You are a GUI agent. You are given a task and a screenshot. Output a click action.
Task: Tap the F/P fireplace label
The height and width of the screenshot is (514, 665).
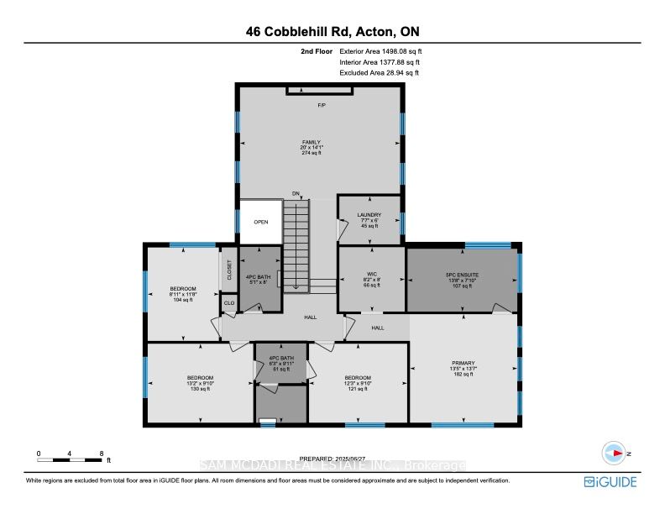[x=321, y=105]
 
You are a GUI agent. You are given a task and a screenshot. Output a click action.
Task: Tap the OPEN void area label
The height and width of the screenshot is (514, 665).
[x=260, y=223]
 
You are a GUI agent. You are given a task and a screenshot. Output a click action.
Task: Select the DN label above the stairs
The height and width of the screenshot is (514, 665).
[x=296, y=194]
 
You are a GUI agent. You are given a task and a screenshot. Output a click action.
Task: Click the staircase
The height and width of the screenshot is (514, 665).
[x=296, y=244]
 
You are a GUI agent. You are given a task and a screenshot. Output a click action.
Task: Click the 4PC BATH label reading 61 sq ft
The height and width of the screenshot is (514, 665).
[x=281, y=363]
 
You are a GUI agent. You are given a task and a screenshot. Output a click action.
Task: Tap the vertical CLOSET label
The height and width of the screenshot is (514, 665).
[x=228, y=270]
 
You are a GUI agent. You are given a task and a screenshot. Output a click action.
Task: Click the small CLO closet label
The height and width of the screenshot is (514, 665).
[x=228, y=303]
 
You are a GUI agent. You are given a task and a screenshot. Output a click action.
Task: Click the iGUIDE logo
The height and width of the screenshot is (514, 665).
[x=610, y=482]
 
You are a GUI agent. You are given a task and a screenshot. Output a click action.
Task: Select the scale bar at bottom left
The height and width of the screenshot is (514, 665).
[x=71, y=459]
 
